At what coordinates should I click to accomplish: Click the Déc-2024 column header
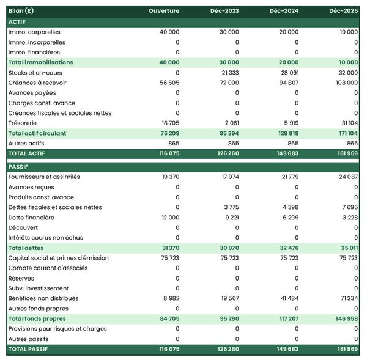(284, 11)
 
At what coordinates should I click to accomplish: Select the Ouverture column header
(165, 11)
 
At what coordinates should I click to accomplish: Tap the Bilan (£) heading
(21, 11)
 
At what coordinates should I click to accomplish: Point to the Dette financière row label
(31, 218)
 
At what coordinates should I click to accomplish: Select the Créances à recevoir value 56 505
(169, 83)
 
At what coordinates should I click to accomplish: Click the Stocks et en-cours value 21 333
(229, 73)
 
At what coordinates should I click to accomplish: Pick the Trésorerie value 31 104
(348, 123)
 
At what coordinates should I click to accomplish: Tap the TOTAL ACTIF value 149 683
(286, 153)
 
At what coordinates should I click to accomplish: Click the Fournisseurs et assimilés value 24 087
(348, 177)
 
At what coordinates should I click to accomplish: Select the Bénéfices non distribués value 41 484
(287, 298)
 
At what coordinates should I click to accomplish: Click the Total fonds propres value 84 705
(168, 318)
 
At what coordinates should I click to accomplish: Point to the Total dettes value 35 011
(348, 248)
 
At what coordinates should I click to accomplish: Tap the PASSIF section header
(18, 166)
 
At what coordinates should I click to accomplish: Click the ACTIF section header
(17, 21)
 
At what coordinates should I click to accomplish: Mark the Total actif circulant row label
(37, 133)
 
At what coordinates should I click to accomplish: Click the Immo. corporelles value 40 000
(168, 32)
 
